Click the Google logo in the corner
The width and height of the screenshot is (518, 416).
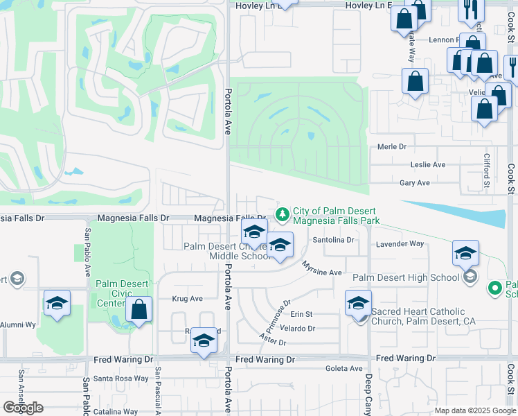click(x=23, y=408)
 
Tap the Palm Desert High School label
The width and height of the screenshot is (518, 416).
click(x=405, y=278)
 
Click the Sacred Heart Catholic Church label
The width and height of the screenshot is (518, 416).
click(x=423, y=316)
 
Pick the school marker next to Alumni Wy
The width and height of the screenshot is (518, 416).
click(x=57, y=304)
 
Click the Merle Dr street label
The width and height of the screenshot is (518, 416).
click(x=391, y=147)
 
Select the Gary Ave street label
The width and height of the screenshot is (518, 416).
click(x=414, y=183)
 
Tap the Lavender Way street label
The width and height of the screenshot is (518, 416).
click(x=400, y=244)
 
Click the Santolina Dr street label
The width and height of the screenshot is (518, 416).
click(x=333, y=240)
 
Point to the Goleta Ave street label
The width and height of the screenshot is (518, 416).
click(x=344, y=369)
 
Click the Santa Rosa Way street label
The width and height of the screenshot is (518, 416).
click(x=121, y=379)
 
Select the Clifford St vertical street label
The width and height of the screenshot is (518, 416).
click(x=487, y=171)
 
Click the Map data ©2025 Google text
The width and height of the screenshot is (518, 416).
click(x=474, y=410)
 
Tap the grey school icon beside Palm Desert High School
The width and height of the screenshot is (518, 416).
click(x=470, y=277)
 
